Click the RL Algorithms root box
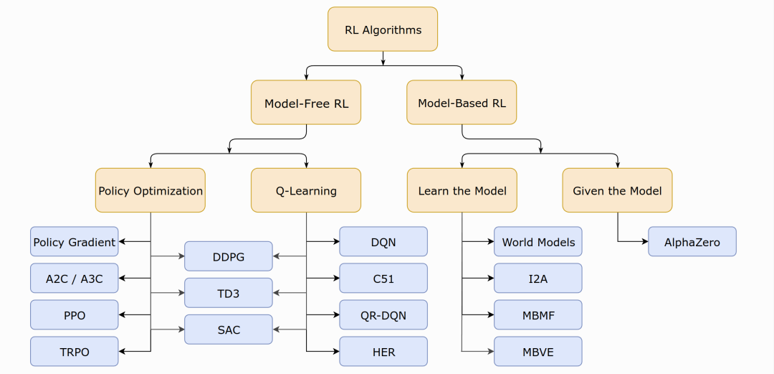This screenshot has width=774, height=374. pos(383,29)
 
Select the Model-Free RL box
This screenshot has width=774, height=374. pos(306,103)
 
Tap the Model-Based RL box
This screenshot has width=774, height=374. pos(462,103)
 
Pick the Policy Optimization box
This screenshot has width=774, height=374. pos(150,190)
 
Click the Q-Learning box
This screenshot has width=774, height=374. pos(306,190)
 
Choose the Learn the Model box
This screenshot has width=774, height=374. pos(462,190)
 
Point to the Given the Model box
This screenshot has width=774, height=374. pos(617,190)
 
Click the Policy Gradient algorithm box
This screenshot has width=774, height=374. pos(74,242)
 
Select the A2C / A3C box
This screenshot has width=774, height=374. pos(74,279)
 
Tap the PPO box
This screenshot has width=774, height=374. pos(74,315)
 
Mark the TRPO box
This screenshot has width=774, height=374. pos(74,352)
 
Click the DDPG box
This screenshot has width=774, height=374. pos(229,256)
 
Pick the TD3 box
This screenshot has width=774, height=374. pos(229,293)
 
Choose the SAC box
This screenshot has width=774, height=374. pos(229,329)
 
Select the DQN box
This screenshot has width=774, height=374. pos(383,242)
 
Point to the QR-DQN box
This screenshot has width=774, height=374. pos(383,315)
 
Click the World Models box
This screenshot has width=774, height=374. pos(538,242)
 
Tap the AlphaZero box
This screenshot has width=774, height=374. pos(692,242)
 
